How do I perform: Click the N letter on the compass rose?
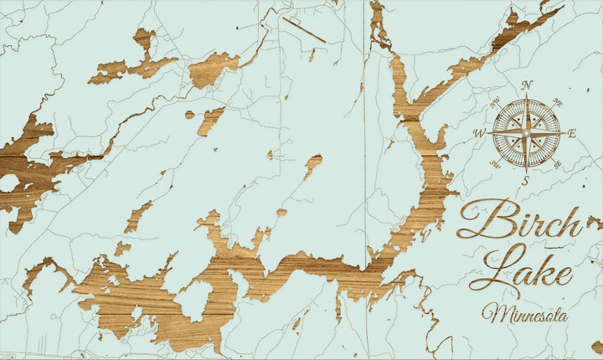(x=527, y=85)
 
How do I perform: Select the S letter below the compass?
(x=526, y=179)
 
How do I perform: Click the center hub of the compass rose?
(x=526, y=132)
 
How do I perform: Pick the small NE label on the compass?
(x=559, y=100)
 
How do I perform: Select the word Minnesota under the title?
(x=524, y=315)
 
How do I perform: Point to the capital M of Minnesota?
(x=494, y=314)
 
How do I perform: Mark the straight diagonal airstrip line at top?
(x=303, y=29)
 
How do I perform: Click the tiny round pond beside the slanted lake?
(x=190, y=115)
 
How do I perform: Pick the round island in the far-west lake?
(x=9, y=183)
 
